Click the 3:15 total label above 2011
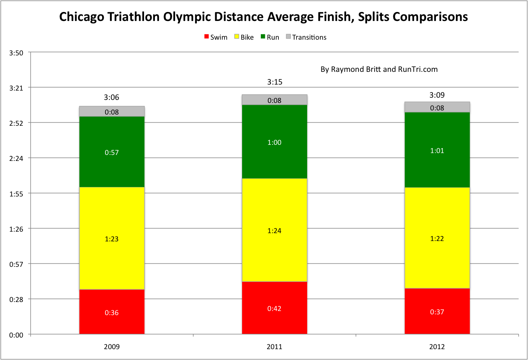[x=274, y=82]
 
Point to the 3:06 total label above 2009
[x=112, y=97]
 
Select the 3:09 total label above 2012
[x=437, y=95]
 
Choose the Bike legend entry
[x=244, y=37]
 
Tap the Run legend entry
[x=270, y=37]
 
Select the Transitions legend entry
[x=306, y=37]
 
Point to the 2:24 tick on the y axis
[x=16, y=158]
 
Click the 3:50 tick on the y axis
[x=16, y=53]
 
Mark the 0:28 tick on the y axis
[x=16, y=299]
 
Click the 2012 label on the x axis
[x=437, y=347]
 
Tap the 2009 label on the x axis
[x=112, y=347]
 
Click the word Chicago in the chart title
[x=82, y=17]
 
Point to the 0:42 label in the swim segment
[x=274, y=309]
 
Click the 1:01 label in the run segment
[x=437, y=151]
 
